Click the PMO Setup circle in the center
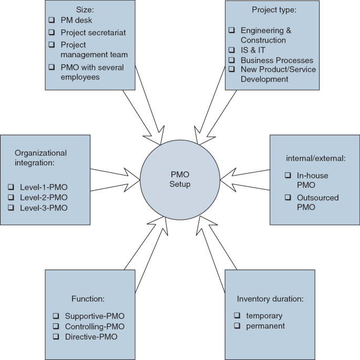[x=180, y=180]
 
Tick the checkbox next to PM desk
[x=52, y=19]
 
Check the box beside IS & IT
[x=232, y=50]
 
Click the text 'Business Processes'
[x=277, y=60]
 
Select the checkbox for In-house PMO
[x=287, y=175]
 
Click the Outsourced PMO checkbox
[x=287, y=198]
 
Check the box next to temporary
[x=236, y=316]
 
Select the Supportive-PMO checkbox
[x=56, y=316]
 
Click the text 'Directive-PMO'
[x=91, y=336]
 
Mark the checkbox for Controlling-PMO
[x=56, y=326]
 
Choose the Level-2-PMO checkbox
[x=12, y=198]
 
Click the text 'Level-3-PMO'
[x=44, y=208]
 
